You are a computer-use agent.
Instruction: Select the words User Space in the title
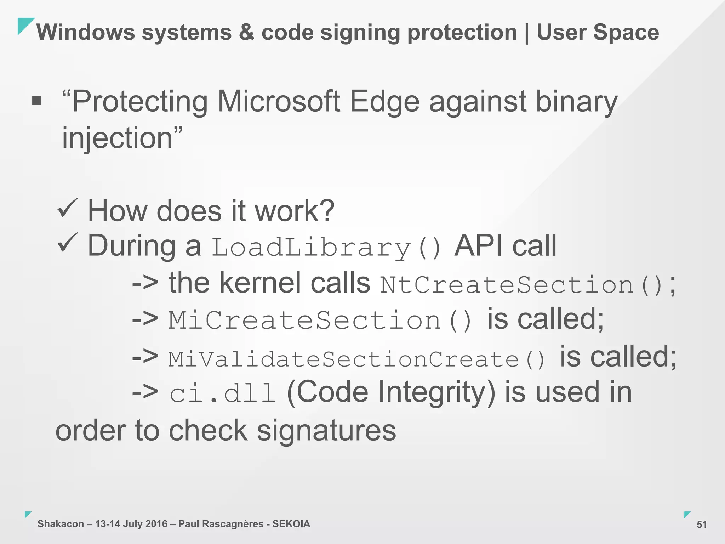(x=598, y=33)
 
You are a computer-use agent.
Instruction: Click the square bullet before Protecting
(x=36, y=101)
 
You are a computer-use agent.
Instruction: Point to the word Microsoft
(x=279, y=102)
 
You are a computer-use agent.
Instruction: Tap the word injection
(x=117, y=138)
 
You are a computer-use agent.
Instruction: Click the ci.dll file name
(x=222, y=393)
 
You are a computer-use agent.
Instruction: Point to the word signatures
(x=326, y=431)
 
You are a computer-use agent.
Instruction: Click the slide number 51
(x=701, y=525)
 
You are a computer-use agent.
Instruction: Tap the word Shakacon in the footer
(x=61, y=524)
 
